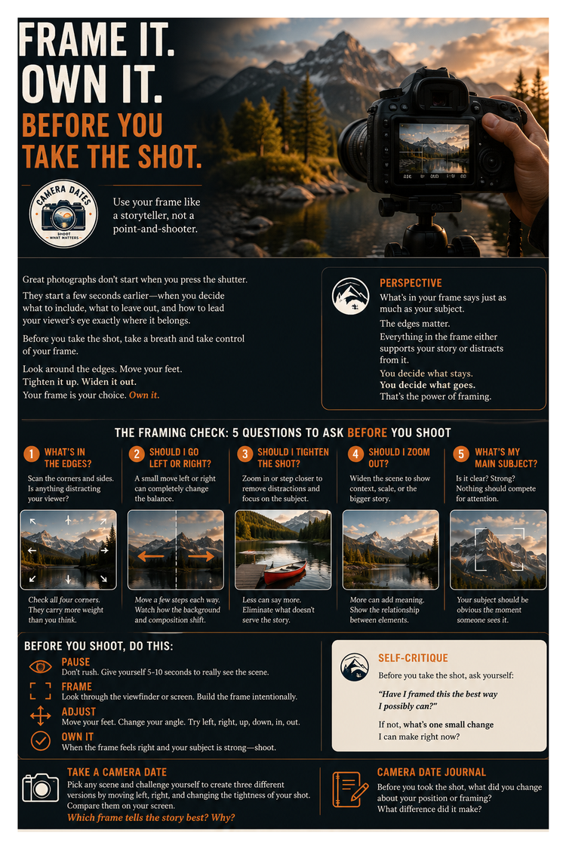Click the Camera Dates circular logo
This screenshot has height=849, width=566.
63,214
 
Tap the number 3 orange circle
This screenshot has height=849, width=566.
245,454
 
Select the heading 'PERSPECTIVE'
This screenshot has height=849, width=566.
411,283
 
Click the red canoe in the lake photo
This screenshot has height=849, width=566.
285,571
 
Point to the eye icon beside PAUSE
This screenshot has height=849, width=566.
41,666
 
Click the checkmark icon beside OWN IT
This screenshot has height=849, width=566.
41,740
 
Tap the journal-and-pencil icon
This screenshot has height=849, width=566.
350,789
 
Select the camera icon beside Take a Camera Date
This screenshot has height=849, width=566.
41,788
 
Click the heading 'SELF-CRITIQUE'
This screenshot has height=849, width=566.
414,658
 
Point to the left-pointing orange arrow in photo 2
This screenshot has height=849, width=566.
151,556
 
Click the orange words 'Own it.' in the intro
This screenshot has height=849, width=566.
144,395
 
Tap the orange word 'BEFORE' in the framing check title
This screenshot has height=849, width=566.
368,432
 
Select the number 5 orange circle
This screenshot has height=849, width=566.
461,454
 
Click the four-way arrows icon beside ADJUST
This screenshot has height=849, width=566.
41,716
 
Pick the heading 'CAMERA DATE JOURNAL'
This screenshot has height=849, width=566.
432,772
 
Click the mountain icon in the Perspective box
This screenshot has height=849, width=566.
350,296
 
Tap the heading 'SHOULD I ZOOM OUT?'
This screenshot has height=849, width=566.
399,457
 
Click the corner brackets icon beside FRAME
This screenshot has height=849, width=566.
41,691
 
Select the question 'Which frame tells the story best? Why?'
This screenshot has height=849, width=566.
151,817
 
